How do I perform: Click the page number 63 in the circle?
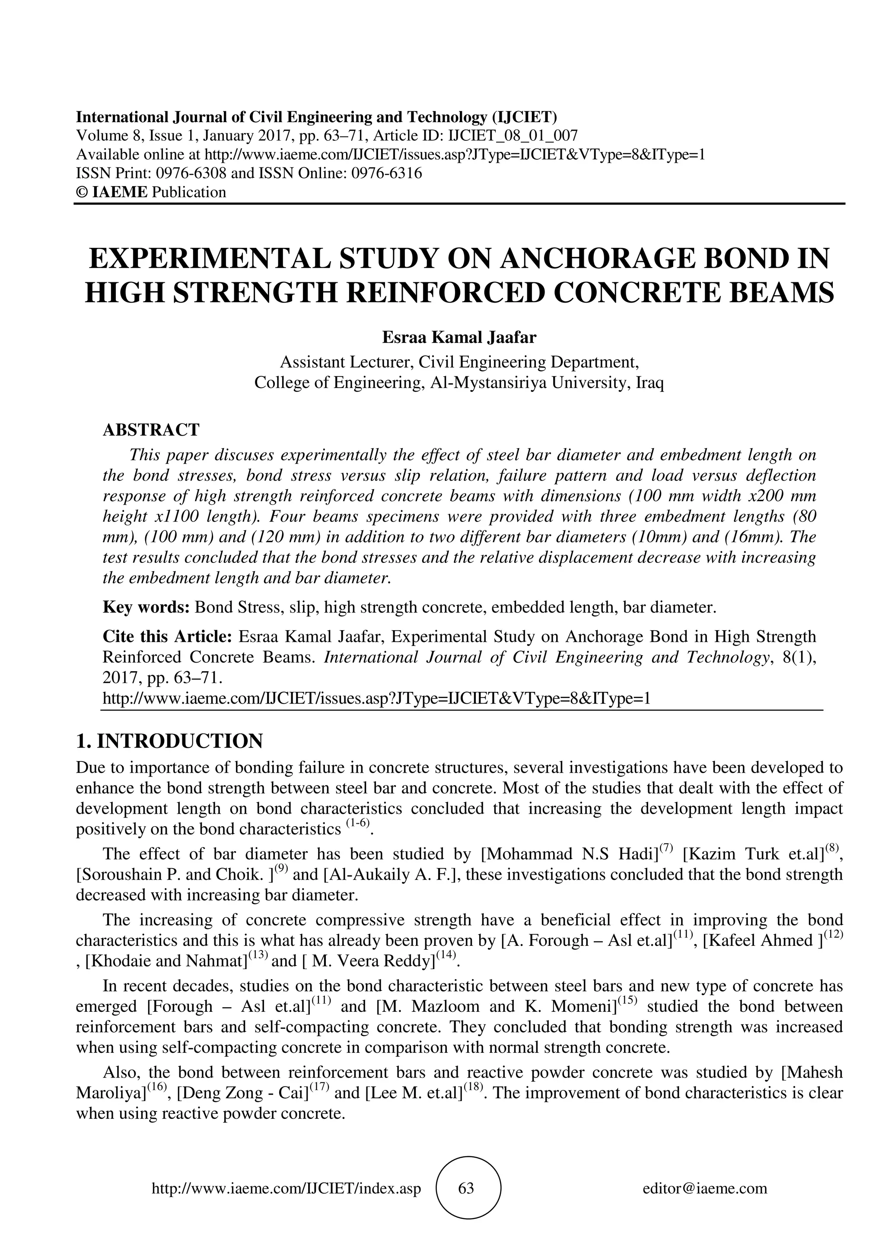click(466, 1188)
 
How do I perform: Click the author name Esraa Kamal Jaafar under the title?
click(459, 338)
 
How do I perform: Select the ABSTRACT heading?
click(151, 430)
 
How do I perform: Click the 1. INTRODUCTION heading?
click(169, 742)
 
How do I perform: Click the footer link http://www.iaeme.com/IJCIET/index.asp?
click(286, 1188)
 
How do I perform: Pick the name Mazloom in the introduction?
click(446, 1006)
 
